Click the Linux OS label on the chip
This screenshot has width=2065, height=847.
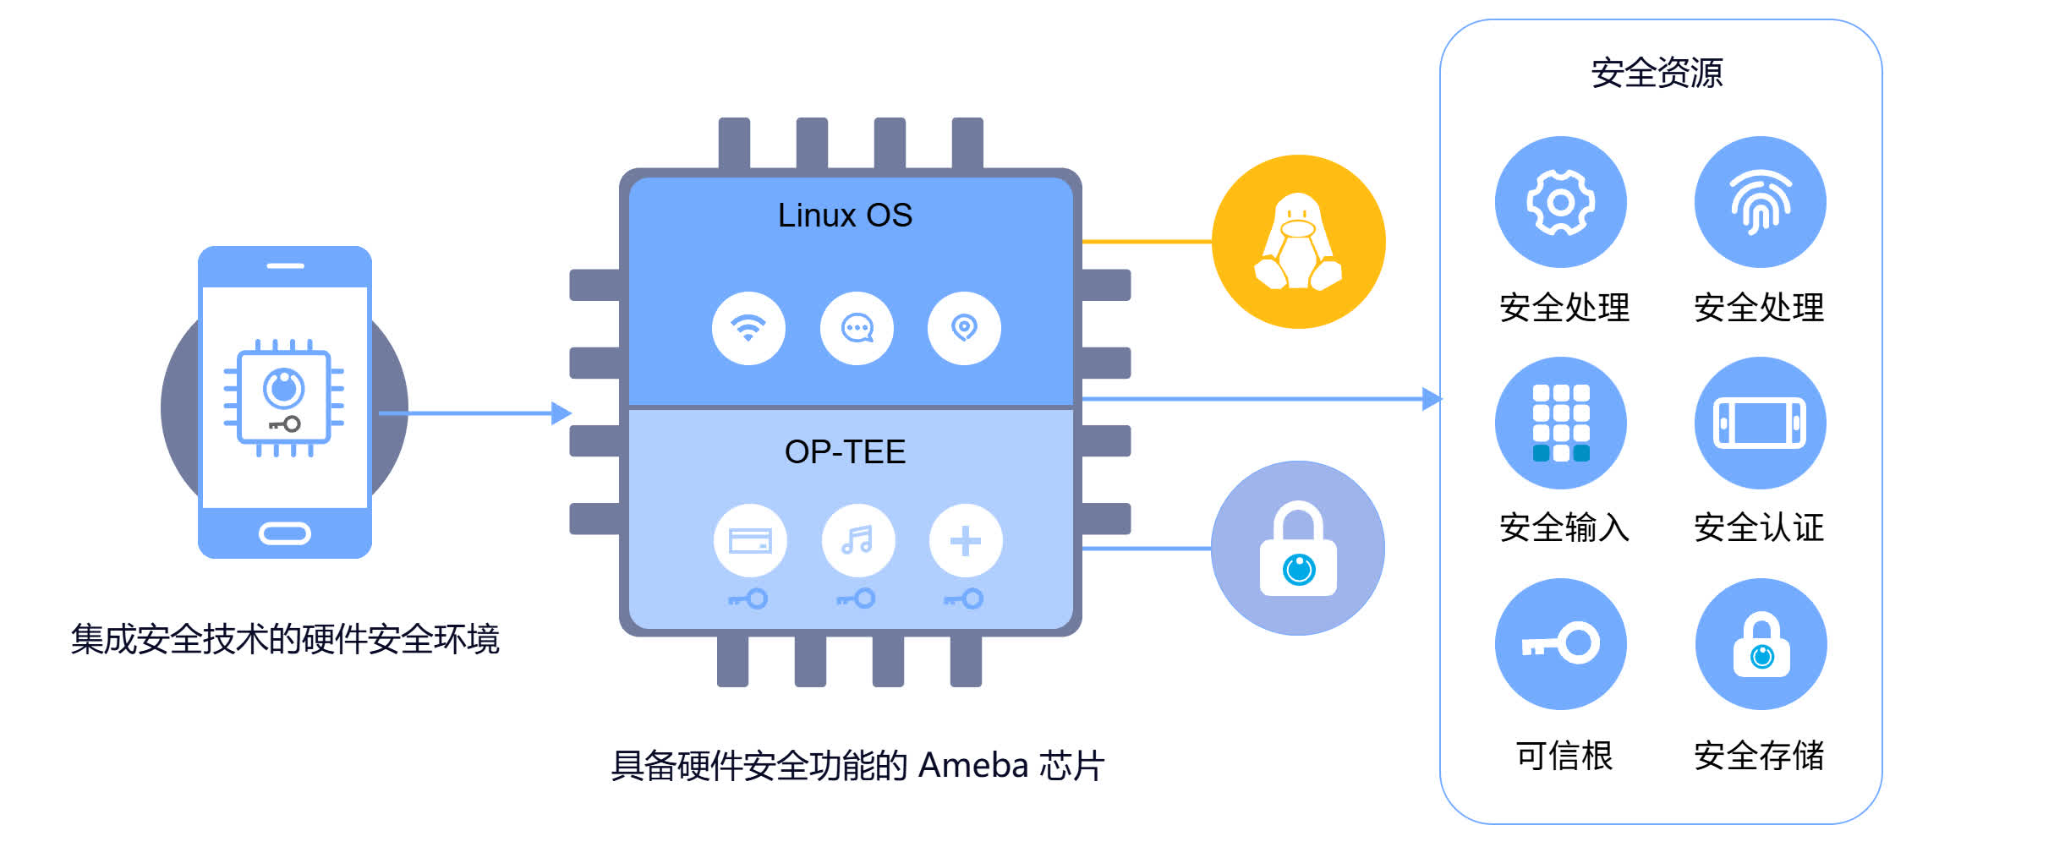[x=845, y=216]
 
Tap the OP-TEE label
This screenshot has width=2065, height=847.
[x=845, y=452]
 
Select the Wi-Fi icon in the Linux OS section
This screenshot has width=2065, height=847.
[x=748, y=328]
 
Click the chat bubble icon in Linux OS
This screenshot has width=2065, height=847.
[x=857, y=328]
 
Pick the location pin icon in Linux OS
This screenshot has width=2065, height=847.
[x=964, y=328]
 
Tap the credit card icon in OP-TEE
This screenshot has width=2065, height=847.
[x=750, y=541]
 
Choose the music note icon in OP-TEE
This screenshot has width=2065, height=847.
[x=857, y=541]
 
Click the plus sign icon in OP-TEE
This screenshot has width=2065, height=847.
[x=965, y=541]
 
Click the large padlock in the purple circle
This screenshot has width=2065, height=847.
[x=1298, y=549]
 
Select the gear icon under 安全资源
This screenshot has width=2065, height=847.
[x=1560, y=202]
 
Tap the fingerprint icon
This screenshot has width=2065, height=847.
[x=1760, y=202]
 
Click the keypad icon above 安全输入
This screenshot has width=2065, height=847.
[x=1560, y=423]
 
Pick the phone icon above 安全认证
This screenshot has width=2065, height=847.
[x=1760, y=423]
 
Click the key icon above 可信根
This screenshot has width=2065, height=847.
[x=1560, y=644]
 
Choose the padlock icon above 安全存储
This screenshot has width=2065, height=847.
[x=1761, y=644]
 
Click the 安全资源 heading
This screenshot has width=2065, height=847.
[x=1657, y=74]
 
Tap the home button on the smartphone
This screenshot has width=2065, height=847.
[x=285, y=533]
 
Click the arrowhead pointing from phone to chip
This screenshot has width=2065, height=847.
[x=561, y=413]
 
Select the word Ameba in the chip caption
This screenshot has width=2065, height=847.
[x=972, y=766]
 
